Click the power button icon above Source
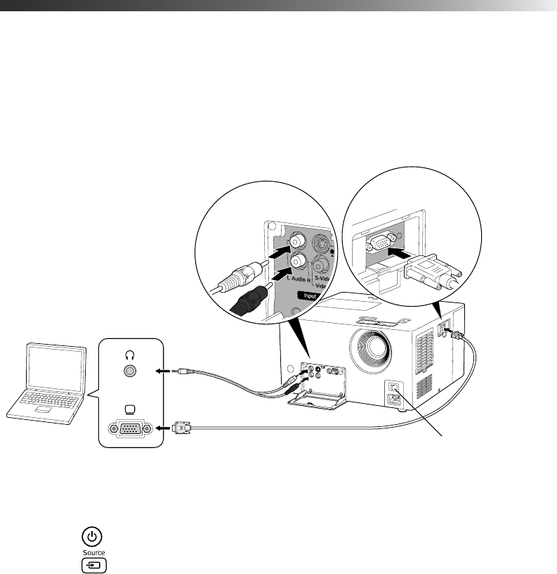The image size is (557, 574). (x=91, y=534)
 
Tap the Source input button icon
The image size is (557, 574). (x=92, y=564)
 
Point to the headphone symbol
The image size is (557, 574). (x=129, y=355)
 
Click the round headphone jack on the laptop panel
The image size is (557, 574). (x=129, y=372)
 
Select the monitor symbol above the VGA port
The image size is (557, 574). (x=129, y=409)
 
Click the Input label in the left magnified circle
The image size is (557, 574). (x=308, y=297)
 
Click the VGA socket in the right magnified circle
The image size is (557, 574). (x=380, y=242)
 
